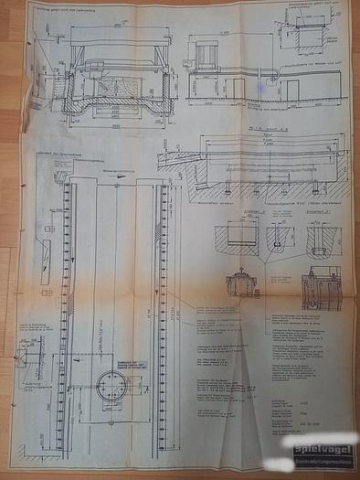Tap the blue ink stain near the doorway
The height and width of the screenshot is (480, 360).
[x=262, y=88]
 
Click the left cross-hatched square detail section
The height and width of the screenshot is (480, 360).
[x=239, y=237]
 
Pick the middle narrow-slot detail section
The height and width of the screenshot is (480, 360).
[x=277, y=237]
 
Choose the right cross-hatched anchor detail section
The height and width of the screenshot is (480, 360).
[x=321, y=237]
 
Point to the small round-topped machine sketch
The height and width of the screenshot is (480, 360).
[x=242, y=282]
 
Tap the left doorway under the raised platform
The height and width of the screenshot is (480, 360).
[x=238, y=89]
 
